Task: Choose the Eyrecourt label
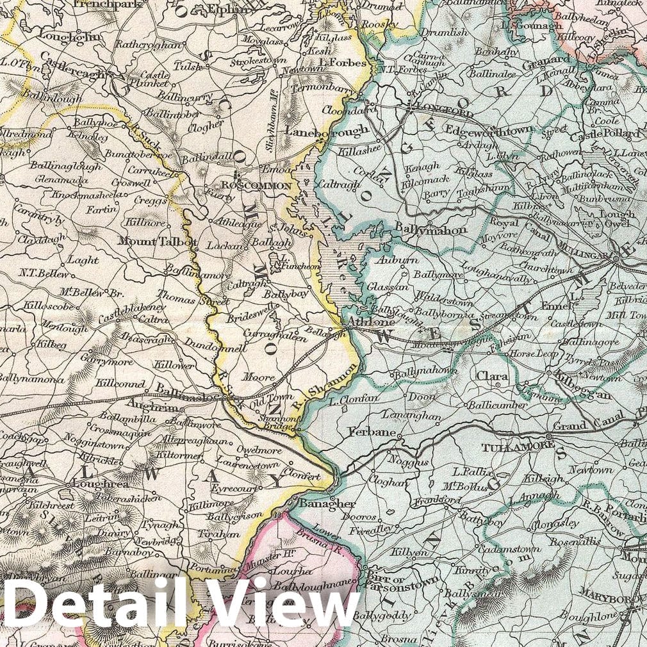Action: tap(233, 487)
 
